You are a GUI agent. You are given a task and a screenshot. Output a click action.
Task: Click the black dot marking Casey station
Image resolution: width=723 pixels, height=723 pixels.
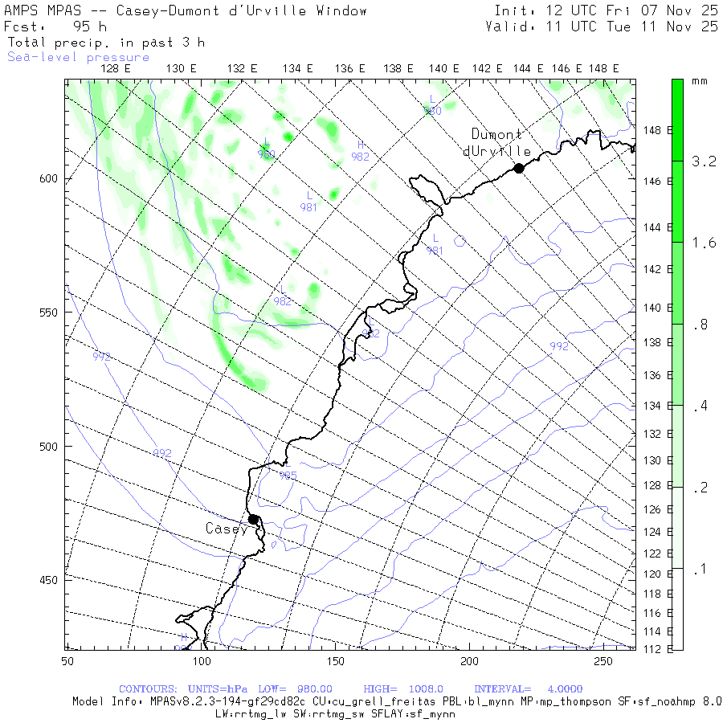pyautogui.click(x=253, y=519)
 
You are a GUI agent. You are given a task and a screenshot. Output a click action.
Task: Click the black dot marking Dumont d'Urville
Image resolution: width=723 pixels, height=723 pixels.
pyautogui.click(x=519, y=168)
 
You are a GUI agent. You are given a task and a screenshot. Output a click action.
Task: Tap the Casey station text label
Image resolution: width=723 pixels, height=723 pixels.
pyautogui.click(x=227, y=529)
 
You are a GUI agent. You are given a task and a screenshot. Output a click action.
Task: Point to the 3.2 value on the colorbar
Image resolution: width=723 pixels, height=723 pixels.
pyautogui.click(x=704, y=161)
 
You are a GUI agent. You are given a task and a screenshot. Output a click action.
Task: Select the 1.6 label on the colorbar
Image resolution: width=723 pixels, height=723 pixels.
pyautogui.click(x=704, y=243)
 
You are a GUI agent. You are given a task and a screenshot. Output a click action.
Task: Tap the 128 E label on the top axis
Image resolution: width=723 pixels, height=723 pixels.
pyautogui.click(x=116, y=69)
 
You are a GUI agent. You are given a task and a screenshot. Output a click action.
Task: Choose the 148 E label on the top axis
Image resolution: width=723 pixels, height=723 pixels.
pyautogui.click(x=603, y=69)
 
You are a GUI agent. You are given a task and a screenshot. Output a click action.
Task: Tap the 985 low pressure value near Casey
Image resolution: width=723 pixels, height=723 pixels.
pyautogui.click(x=288, y=476)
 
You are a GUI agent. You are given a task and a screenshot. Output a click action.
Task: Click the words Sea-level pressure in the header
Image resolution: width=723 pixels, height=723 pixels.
pyautogui.click(x=78, y=57)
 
